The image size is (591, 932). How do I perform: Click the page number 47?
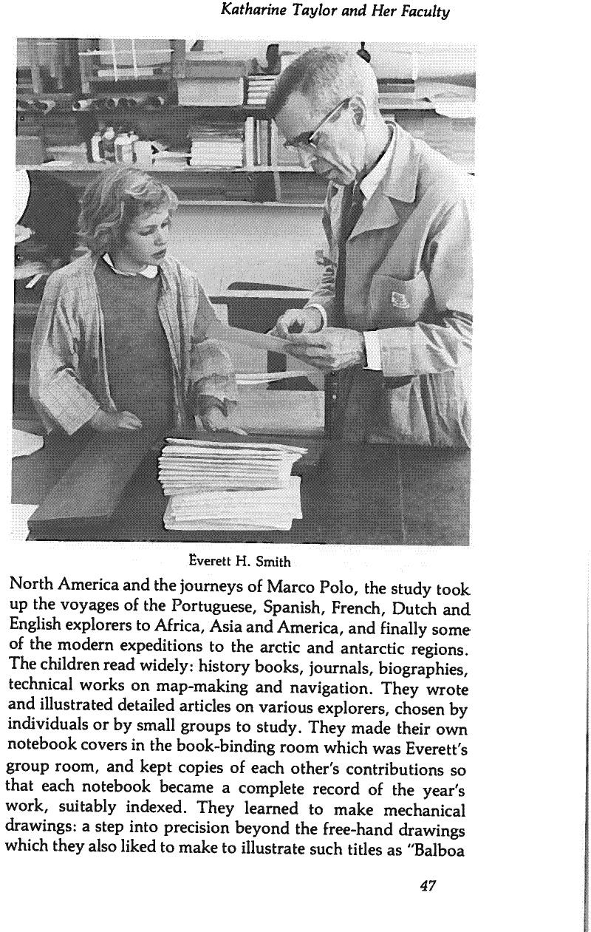tap(427, 885)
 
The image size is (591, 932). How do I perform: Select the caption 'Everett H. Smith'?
tap(240, 561)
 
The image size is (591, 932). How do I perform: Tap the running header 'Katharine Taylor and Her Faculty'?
tap(335, 12)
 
